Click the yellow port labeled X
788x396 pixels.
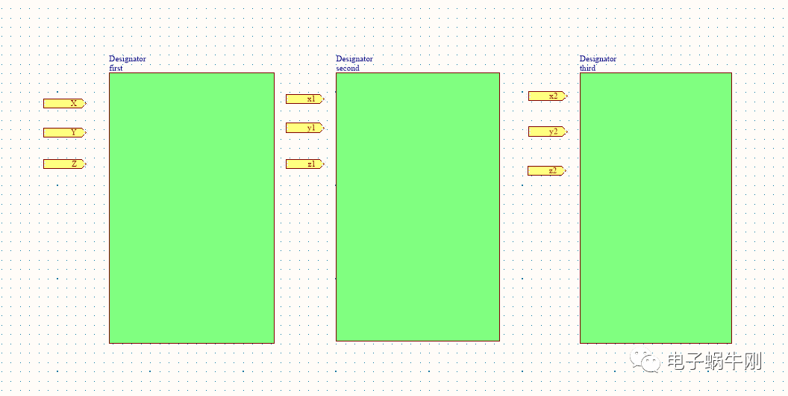coord(64,104)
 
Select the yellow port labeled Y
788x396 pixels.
coord(64,133)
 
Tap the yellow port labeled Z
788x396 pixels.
coord(64,164)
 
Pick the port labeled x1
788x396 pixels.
coord(304,99)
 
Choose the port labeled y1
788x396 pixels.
coord(304,128)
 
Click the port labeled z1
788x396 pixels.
coord(304,164)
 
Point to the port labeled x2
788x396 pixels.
coord(547,96)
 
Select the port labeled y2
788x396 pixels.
coord(547,132)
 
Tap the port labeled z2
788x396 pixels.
coord(547,171)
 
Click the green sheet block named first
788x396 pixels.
coord(192,208)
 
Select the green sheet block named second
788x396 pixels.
coord(418,207)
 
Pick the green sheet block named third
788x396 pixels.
coord(656,208)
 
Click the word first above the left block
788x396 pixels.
coord(116,69)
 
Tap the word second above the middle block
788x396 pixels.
coord(348,69)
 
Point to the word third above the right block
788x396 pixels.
coord(587,69)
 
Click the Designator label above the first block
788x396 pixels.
coord(128,59)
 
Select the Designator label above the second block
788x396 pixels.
coord(354,59)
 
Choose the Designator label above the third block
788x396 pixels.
coord(598,59)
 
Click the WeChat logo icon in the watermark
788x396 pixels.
coord(645,360)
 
